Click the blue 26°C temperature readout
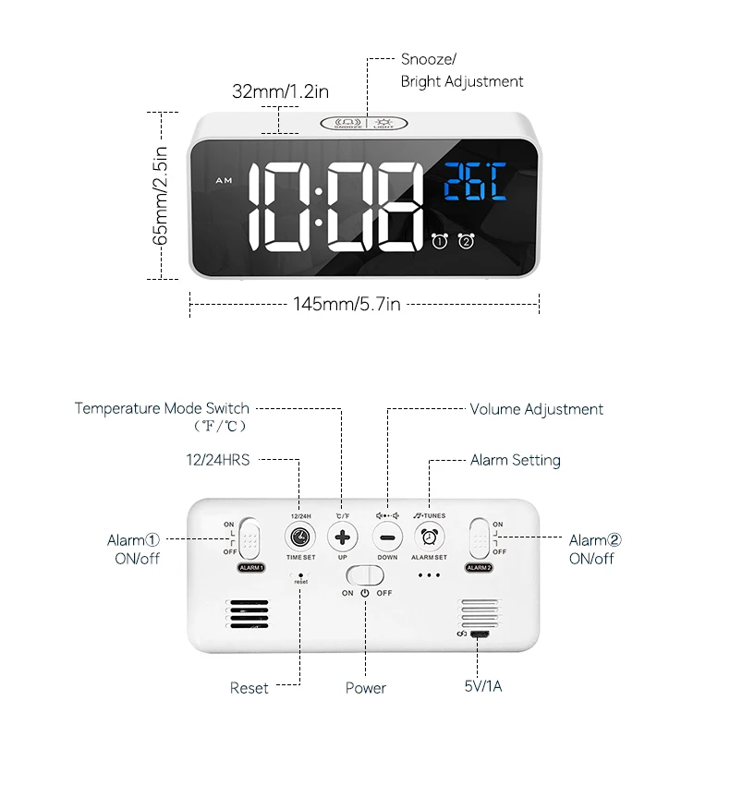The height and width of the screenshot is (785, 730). [x=474, y=183]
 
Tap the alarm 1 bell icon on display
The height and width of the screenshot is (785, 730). [x=440, y=242]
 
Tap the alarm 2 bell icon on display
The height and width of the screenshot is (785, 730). [x=467, y=242]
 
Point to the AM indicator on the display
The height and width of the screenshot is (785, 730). [x=224, y=180]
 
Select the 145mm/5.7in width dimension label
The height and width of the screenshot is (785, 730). [x=347, y=304]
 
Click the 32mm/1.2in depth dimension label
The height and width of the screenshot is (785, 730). [x=281, y=91]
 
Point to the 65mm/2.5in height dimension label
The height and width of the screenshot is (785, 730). [x=161, y=195]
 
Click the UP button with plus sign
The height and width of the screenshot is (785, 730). [x=343, y=537]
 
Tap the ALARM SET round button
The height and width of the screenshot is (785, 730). [x=429, y=537]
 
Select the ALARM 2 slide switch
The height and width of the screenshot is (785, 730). [x=479, y=537]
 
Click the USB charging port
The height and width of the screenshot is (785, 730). [x=480, y=634]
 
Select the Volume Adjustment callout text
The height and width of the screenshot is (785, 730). [x=536, y=409]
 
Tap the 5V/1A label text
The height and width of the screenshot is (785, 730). [x=483, y=686]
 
